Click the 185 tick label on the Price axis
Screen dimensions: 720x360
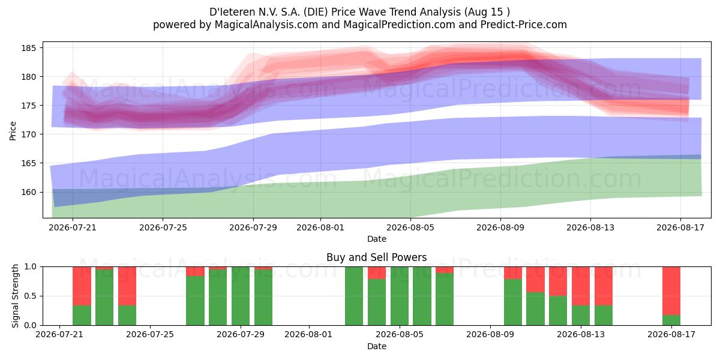[28, 48]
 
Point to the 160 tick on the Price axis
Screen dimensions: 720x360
[41, 192]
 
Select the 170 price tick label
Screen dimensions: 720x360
[28, 134]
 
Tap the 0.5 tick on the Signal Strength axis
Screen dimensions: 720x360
[41, 296]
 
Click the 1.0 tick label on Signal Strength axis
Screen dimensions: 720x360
[31, 267]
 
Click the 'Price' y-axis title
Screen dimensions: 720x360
[13, 131]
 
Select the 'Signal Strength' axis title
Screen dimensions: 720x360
[15, 296]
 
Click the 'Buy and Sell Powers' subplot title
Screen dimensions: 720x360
[376, 257]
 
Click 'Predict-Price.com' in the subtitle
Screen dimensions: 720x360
[524, 25]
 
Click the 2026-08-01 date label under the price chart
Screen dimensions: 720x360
[320, 227]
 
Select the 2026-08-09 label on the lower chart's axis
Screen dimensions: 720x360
[490, 335]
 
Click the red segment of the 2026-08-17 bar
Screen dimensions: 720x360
[671, 291]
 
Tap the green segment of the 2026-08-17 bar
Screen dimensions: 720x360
[671, 320]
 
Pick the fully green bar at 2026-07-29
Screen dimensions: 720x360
[241, 296]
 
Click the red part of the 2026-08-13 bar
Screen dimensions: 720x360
[581, 286]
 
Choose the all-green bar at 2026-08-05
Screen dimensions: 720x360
[400, 296]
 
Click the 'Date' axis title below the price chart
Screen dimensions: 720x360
[377, 239]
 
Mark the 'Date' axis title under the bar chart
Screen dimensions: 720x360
[377, 346]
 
